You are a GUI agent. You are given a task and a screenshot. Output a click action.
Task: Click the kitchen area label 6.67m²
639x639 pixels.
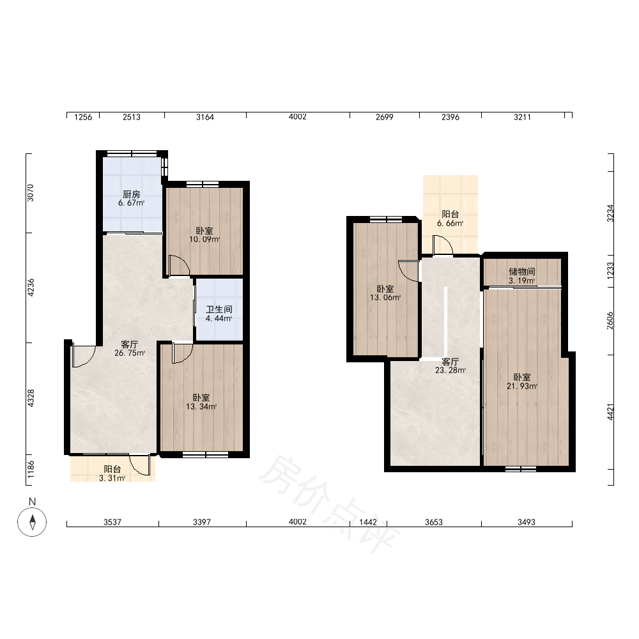[x=131, y=203]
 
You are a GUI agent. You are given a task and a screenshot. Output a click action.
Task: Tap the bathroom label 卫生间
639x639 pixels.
[x=219, y=310]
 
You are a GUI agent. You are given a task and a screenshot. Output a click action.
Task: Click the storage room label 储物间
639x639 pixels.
[x=521, y=272]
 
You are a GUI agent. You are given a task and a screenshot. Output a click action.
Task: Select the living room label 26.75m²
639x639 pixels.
[x=130, y=353]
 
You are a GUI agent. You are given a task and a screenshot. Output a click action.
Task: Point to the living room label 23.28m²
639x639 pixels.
[x=450, y=371]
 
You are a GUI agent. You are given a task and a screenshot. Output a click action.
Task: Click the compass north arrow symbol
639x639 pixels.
[x=32, y=522]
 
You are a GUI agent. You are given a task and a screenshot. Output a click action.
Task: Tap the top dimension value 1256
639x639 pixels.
[x=83, y=118]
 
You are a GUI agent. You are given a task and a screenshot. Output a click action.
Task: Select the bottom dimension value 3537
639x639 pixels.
[x=112, y=522]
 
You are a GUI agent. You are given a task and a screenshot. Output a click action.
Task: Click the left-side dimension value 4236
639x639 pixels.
[x=31, y=288]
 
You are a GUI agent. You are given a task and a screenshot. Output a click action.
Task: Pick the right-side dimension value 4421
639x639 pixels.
[x=610, y=412]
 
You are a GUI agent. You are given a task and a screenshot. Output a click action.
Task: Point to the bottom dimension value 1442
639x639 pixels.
[x=367, y=522]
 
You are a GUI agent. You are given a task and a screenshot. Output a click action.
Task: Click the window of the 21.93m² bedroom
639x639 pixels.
[x=521, y=468]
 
